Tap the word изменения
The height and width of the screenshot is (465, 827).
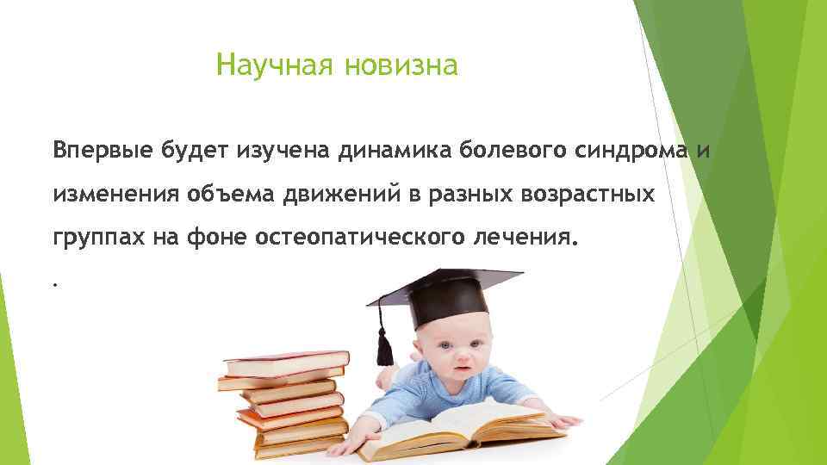115,195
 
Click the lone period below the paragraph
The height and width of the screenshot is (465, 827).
54,283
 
